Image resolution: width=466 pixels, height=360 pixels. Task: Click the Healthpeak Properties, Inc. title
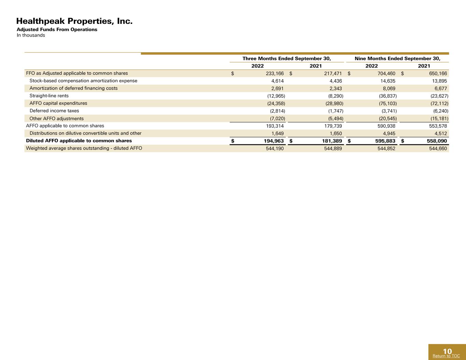tap(74, 21)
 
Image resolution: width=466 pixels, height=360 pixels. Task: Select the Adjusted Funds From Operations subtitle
tap(57, 29)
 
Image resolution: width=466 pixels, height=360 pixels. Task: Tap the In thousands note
tap(31, 35)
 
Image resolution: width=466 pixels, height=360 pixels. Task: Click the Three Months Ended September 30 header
tap(287, 58)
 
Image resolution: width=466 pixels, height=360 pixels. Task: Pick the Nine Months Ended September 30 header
tap(397, 58)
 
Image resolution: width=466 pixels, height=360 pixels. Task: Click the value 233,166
tap(275, 73)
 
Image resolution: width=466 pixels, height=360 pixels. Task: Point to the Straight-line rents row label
tap(49, 96)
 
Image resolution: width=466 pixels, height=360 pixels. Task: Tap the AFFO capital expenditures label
tap(58, 103)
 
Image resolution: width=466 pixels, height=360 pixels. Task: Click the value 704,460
tap(386, 73)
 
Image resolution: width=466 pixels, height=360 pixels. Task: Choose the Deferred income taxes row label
tap(54, 111)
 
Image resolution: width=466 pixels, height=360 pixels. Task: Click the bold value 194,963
tap(274, 141)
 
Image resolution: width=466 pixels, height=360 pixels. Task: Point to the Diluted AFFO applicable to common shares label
tap(79, 141)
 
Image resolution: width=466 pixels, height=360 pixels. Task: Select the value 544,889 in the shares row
tap(333, 148)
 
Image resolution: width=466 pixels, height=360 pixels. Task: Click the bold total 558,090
tap(437, 141)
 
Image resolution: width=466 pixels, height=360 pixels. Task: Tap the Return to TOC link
tap(446, 356)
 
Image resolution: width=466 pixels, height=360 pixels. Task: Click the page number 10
tap(447, 351)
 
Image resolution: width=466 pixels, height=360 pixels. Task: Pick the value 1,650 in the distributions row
tap(336, 133)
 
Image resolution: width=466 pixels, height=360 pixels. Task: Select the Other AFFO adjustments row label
tap(57, 118)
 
